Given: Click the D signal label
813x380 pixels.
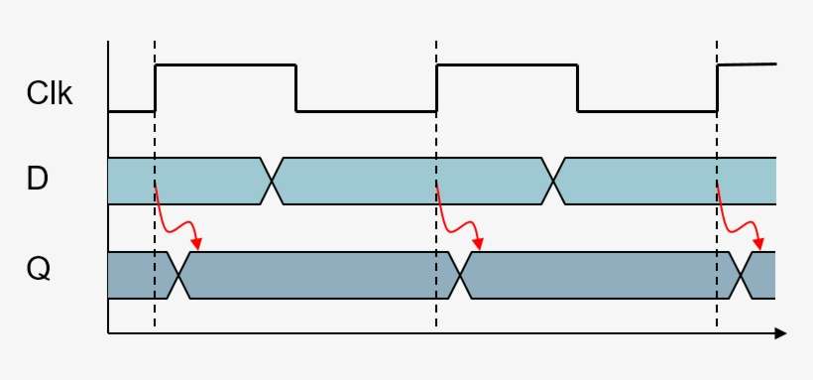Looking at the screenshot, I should coord(39,180).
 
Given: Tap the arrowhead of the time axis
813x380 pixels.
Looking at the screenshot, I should coord(780,333).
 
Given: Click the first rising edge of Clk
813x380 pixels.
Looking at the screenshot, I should coord(156,88).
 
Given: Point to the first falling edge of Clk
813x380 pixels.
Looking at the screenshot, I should coord(296,88).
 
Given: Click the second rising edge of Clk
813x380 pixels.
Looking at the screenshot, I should coord(436,88).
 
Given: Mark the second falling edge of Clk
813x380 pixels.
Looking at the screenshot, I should coord(578,88).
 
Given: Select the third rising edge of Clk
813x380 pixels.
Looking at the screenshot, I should coord(717,88).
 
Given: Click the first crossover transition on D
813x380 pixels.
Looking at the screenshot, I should coord(272,181).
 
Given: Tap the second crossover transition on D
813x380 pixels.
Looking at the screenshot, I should coord(553,181).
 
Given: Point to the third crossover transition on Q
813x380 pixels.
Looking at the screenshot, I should coord(742,275).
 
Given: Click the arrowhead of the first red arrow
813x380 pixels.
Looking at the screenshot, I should coord(198,244).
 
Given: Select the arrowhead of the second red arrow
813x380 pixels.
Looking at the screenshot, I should coord(480,244).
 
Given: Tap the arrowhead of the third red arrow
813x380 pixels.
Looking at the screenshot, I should coord(760,244).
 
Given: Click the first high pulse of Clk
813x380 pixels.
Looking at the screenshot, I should coord(226,65).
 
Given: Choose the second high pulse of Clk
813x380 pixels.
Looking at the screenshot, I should coord(507,65).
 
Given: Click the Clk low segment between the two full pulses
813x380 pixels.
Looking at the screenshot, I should coord(367,111).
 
